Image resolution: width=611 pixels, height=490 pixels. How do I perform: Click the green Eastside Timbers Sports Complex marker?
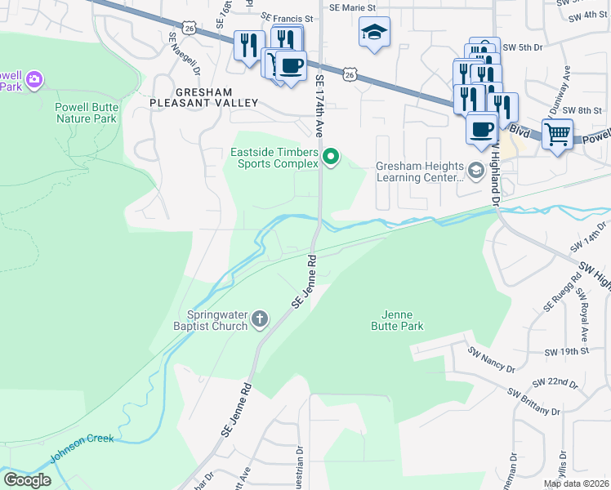coord(331,156)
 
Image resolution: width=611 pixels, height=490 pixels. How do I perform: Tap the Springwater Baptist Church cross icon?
coord(260,318)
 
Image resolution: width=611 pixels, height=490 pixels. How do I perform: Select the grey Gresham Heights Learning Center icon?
coord(475,170)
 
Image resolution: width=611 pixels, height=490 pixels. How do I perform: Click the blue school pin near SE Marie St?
coord(374,33)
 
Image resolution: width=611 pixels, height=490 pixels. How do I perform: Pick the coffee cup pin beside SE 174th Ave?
coord(290,65)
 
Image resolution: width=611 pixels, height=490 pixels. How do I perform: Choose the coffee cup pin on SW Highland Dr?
coord(482,127)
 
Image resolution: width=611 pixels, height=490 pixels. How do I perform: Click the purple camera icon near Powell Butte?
coord(34,79)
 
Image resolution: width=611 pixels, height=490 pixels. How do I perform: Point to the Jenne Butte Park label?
coord(402,320)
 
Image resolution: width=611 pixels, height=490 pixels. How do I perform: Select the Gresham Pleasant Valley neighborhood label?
coord(204,97)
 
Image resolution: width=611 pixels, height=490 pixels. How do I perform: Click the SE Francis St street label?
coord(287,17)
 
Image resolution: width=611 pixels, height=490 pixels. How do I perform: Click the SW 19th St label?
coord(569,351)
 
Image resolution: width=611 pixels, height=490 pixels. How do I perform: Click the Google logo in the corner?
coord(27,479)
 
